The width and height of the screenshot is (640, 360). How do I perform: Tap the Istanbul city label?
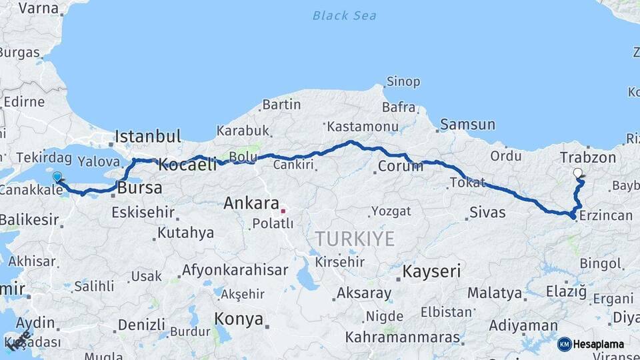pyautogui.click(x=147, y=137)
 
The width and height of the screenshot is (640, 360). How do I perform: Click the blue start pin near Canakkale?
pyautogui.click(x=57, y=177)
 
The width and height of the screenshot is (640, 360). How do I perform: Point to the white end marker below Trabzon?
pyautogui.click(x=577, y=173)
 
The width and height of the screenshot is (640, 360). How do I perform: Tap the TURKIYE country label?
pyautogui.click(x=355, y=239)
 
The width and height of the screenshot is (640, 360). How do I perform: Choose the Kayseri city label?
pyautogui.click(x=431, y=272)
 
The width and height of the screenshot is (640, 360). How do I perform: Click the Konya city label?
pyautogui.click(x=239, y=319)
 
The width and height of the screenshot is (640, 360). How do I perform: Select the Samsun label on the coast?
pyautogui.click(x=467, y=125)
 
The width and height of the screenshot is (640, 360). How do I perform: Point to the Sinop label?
pyautogui.click(x=403, y=82)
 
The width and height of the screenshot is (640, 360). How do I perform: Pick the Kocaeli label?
pyautogui.click(x=187, y=165)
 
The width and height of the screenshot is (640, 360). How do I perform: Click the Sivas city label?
pyautogui.click(x=487, y=213)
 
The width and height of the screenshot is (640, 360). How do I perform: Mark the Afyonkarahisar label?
pyautogui.click(x=235, y=270)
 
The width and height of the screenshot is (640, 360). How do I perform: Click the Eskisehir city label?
pyautogui.click(x=143, y=213)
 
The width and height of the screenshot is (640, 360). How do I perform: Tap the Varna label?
pyautogui.click(x=39, y=8)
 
